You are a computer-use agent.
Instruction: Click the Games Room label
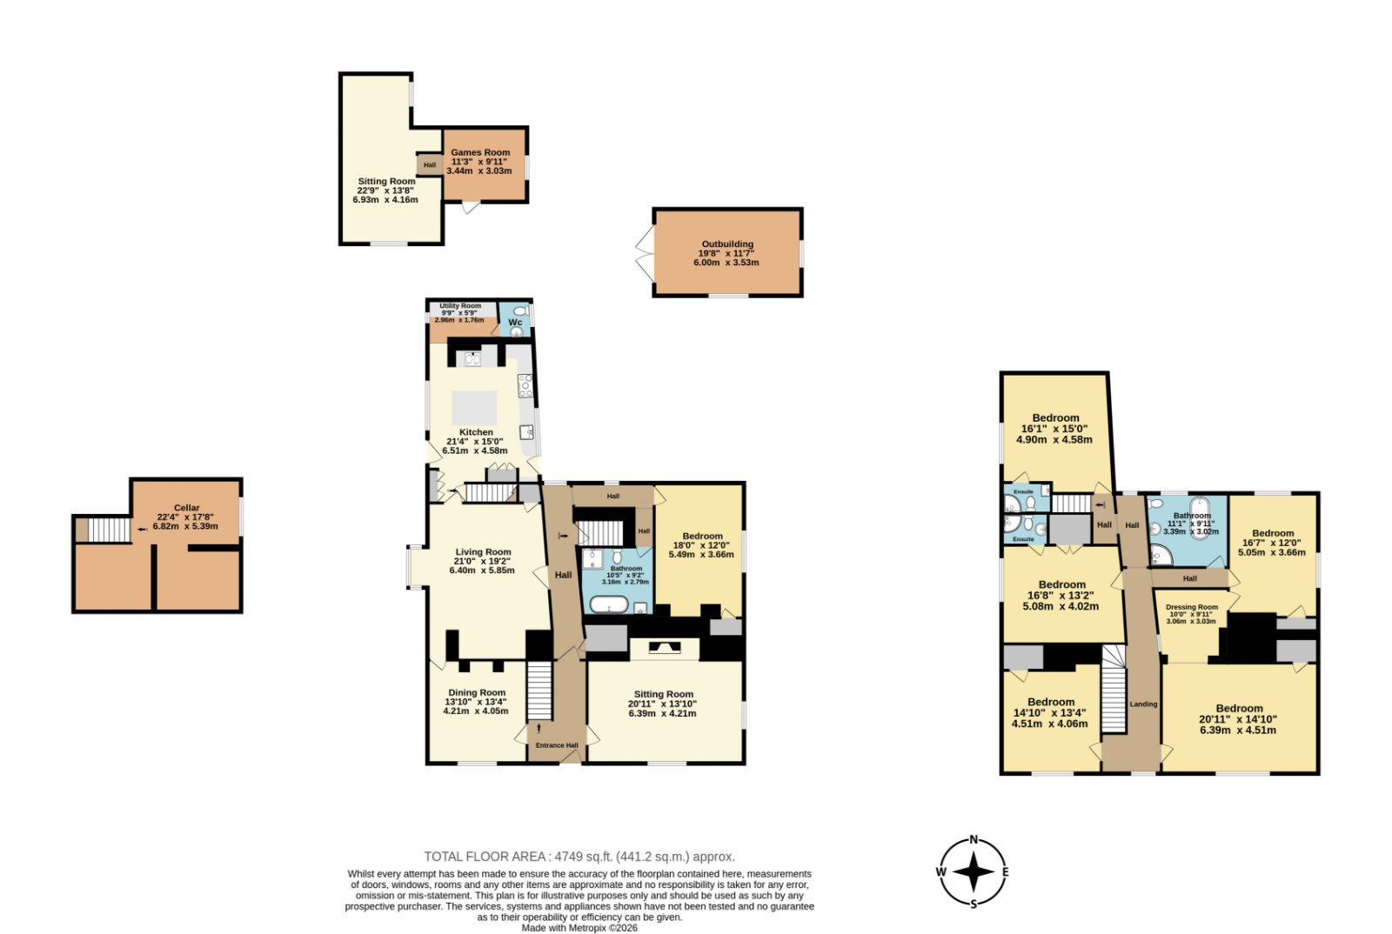479,152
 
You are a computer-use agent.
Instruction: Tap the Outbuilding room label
727,244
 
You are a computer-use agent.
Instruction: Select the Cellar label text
186,507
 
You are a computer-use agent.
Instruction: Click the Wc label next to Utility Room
515,323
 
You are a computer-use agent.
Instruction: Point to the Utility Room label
460,305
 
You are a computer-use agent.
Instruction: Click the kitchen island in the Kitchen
474,407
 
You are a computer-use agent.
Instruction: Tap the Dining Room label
477,692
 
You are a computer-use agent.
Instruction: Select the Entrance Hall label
557,745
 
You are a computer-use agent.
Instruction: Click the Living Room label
483,551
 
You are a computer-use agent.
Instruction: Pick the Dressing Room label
1191,607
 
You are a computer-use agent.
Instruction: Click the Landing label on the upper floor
1143,704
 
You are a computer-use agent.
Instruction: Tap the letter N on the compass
974,839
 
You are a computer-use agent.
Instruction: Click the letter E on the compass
1006,872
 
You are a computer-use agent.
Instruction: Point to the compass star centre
974,871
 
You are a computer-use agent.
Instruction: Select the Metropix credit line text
579,928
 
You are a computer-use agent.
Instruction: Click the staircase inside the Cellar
110,530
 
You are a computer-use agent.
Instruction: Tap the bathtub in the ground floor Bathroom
608,604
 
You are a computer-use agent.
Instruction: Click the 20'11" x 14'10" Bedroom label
1239,719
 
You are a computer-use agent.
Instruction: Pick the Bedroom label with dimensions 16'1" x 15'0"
1055,429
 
